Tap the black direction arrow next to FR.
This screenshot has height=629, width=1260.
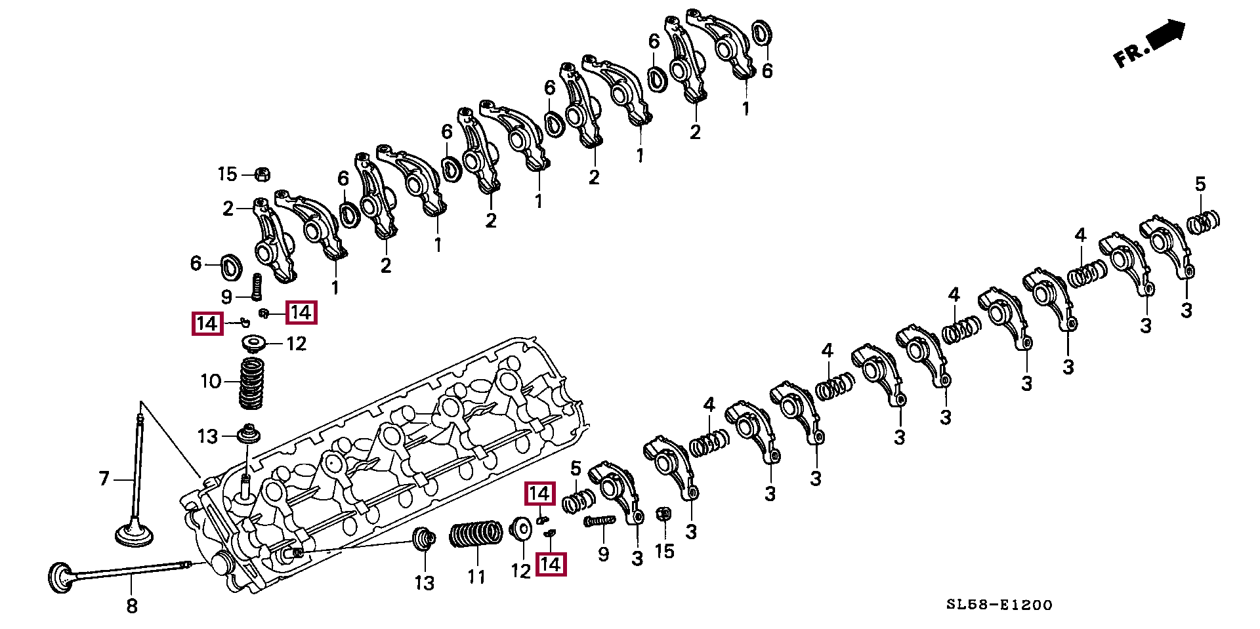tap(1167, 33)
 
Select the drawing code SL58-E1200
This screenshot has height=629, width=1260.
tap(999, 605)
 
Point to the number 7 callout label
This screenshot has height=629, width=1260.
tap(104, 479)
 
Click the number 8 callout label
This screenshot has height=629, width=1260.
tap(132, 605)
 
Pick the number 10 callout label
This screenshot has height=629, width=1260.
tap(211, 381)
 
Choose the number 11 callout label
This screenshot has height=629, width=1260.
tap(476, 577)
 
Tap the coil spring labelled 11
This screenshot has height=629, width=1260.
tap(476, 535)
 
